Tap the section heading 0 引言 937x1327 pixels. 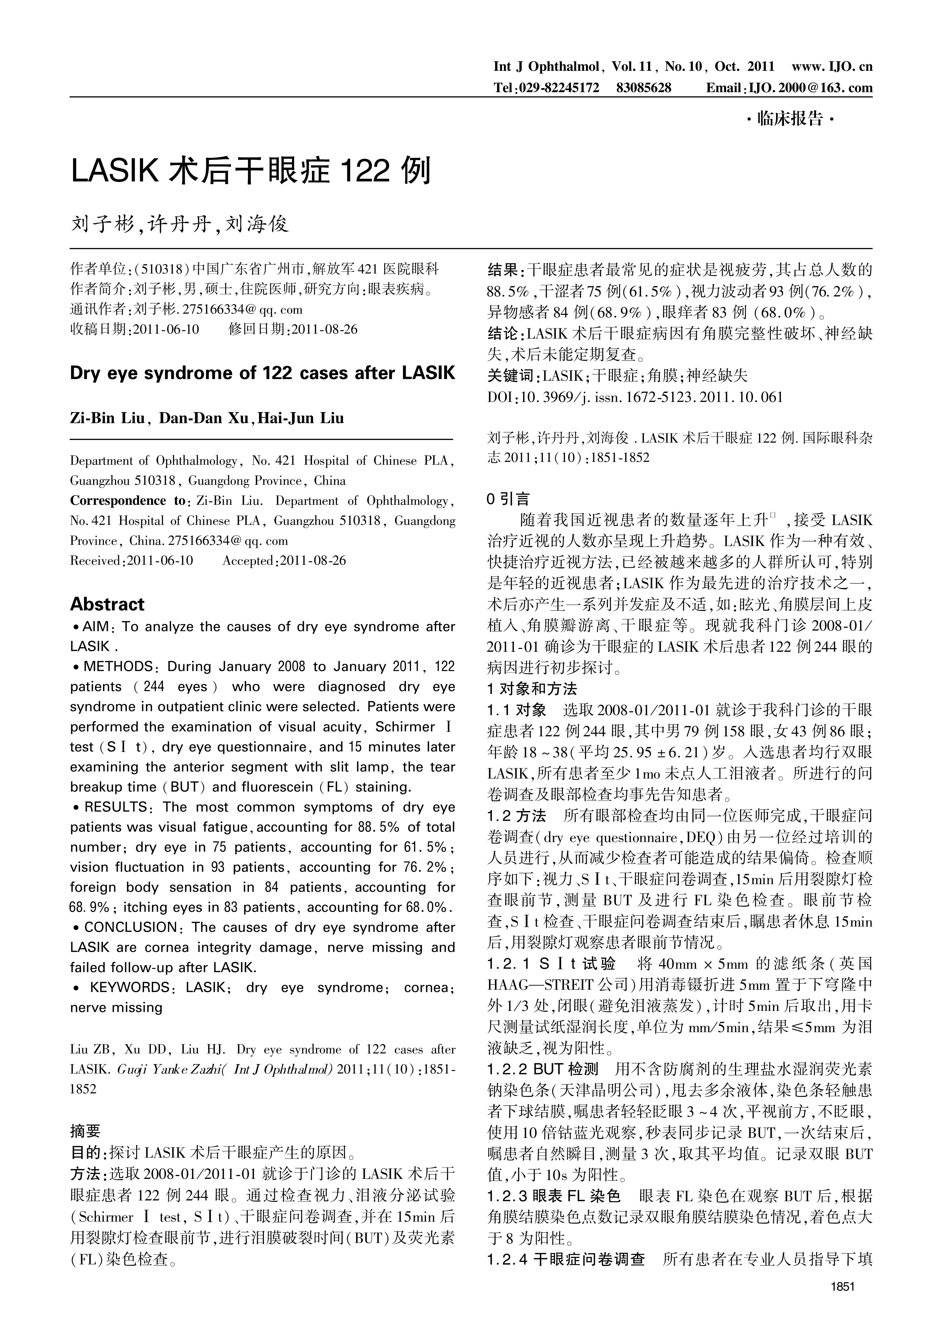[508, 499]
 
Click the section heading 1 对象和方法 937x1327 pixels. [532, 689]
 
